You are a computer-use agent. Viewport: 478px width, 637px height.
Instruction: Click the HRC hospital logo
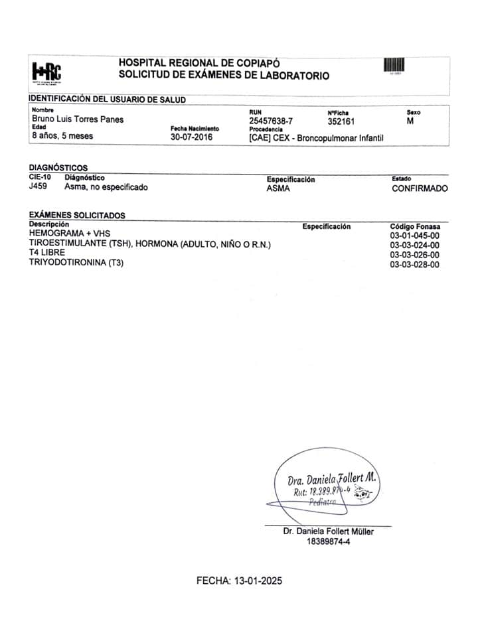46,72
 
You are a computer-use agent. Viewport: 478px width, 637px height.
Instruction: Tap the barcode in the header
394,66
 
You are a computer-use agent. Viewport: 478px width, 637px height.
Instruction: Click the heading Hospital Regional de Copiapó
195,62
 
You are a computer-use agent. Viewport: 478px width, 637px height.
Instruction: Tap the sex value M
410,121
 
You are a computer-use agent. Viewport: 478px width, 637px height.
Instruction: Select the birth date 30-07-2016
190,137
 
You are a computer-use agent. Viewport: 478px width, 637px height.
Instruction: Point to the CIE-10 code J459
39,187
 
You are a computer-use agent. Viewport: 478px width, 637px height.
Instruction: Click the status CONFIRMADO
420,188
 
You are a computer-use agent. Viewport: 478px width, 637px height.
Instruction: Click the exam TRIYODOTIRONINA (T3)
77,263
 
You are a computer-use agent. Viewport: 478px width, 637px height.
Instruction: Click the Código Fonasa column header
414,226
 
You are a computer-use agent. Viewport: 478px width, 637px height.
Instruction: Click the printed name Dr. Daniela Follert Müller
328,531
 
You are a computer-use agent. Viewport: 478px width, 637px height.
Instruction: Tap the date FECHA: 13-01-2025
240,581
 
